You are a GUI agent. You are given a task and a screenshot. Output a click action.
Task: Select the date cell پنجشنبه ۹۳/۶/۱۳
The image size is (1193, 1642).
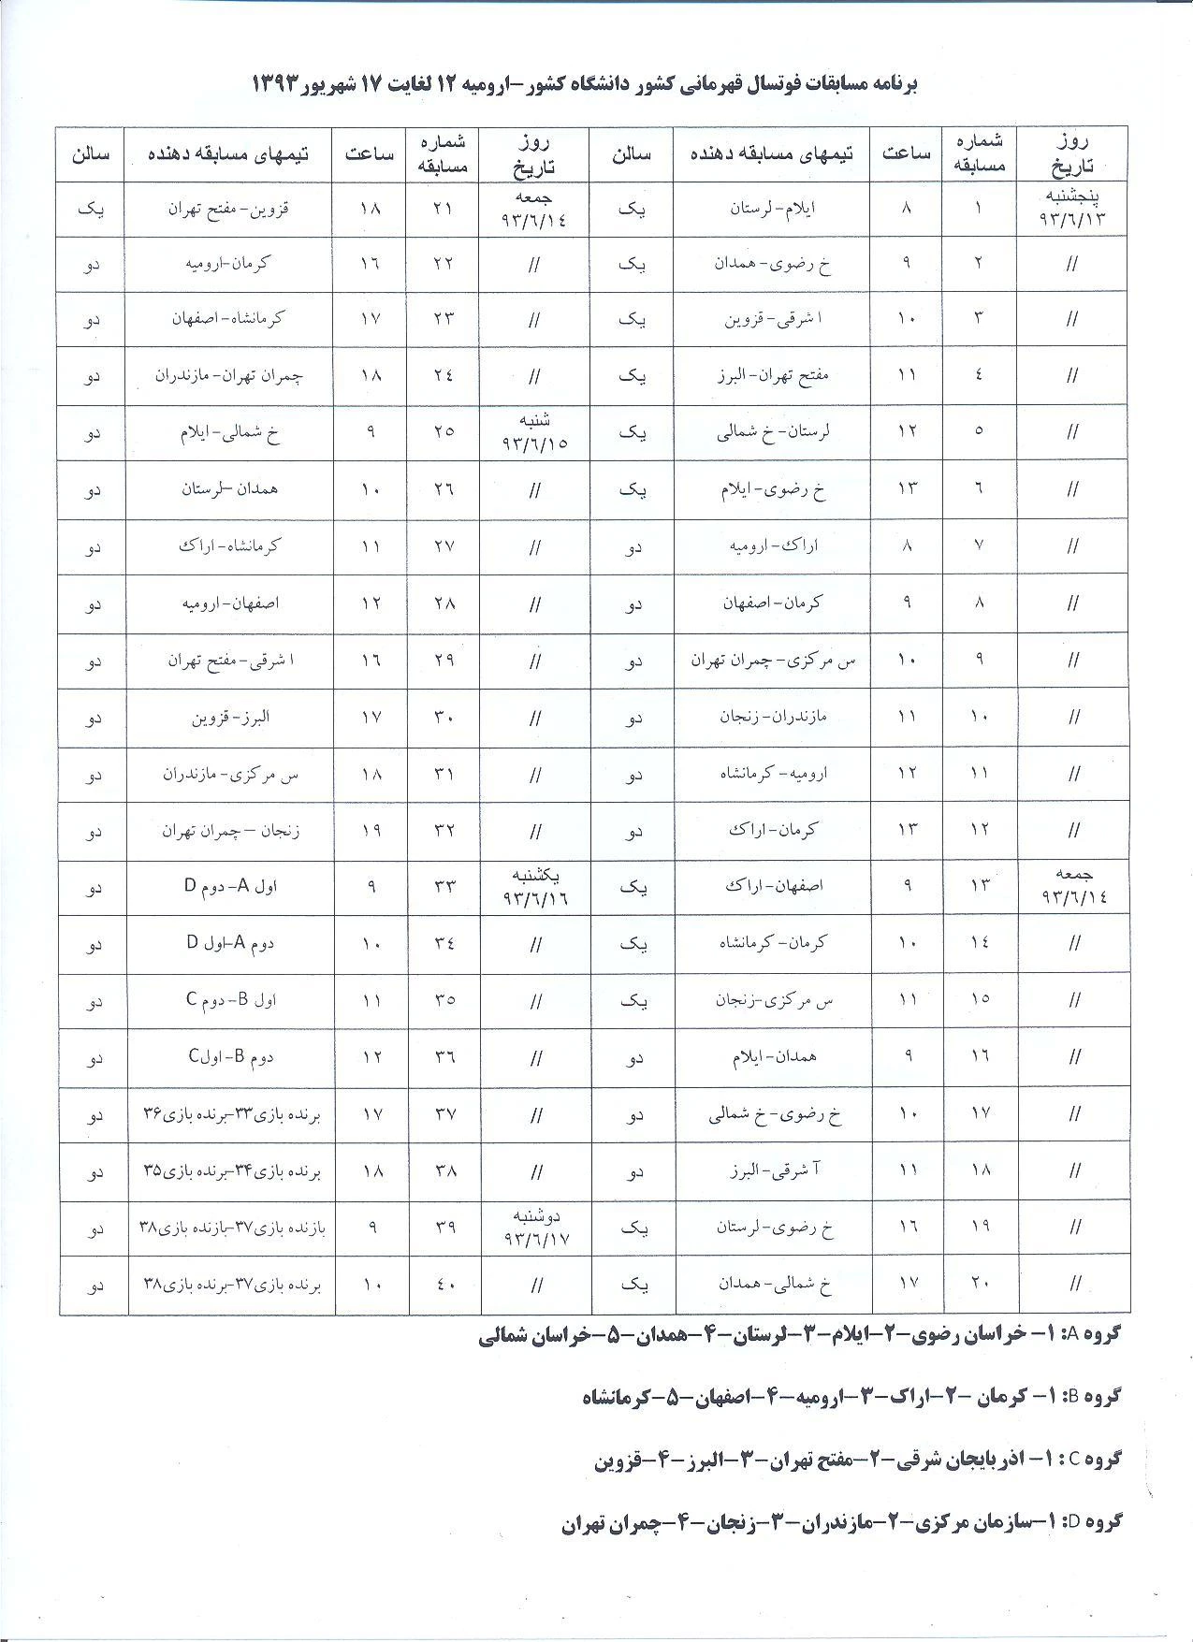pos(1072,209)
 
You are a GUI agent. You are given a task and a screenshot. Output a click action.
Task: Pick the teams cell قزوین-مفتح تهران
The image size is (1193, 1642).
pos(229,209)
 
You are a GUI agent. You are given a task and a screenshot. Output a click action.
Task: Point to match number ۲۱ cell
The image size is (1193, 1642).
pos(444,209)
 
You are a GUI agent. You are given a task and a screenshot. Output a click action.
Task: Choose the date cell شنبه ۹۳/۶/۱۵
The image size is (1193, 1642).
pos(534,432)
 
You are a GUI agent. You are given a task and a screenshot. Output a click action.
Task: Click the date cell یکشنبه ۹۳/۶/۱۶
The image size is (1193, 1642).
pos(534,886)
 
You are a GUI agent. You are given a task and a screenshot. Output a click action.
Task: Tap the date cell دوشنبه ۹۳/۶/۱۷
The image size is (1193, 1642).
pos(534,1227)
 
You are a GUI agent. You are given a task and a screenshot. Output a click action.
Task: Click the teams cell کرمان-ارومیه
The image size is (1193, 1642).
pos(229,265)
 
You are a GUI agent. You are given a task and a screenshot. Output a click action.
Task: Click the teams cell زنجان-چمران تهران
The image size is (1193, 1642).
pos(229,830)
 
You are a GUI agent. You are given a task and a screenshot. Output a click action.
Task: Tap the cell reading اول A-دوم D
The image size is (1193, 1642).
pos(229,886)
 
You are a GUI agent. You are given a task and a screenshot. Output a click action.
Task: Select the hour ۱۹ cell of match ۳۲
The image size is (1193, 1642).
pos(371,830)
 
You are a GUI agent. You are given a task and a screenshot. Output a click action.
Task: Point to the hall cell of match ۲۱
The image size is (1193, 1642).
pos(93,209)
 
